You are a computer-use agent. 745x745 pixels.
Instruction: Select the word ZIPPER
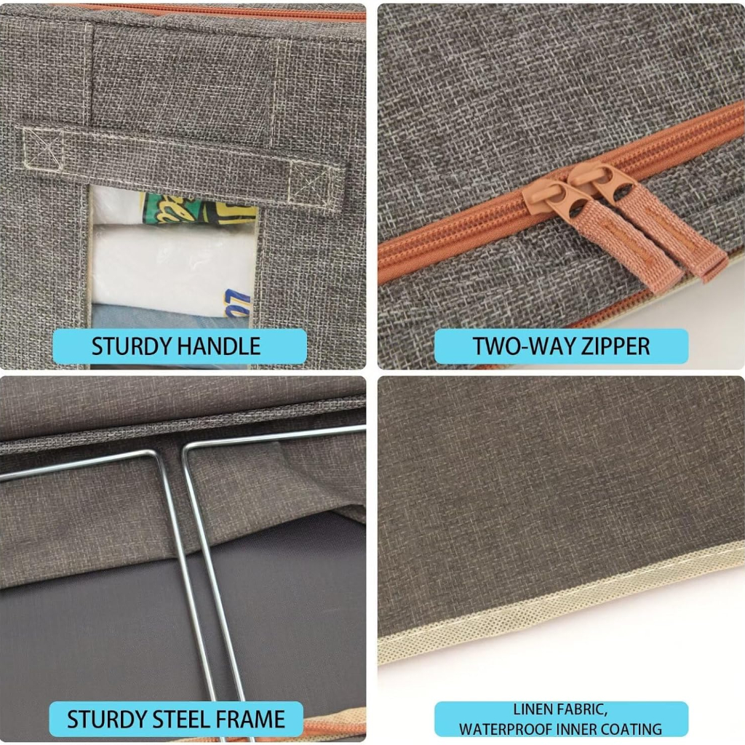tap(615, 346)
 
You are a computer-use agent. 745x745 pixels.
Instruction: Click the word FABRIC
tap(580, 710)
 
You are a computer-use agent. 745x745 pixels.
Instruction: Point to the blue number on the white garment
tap(238, 303)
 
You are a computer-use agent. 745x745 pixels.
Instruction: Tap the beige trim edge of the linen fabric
tap(561, 600)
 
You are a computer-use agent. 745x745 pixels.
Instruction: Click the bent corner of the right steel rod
tap(188, 449)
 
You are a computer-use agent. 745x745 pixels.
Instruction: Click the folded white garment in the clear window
tap(172, 266)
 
